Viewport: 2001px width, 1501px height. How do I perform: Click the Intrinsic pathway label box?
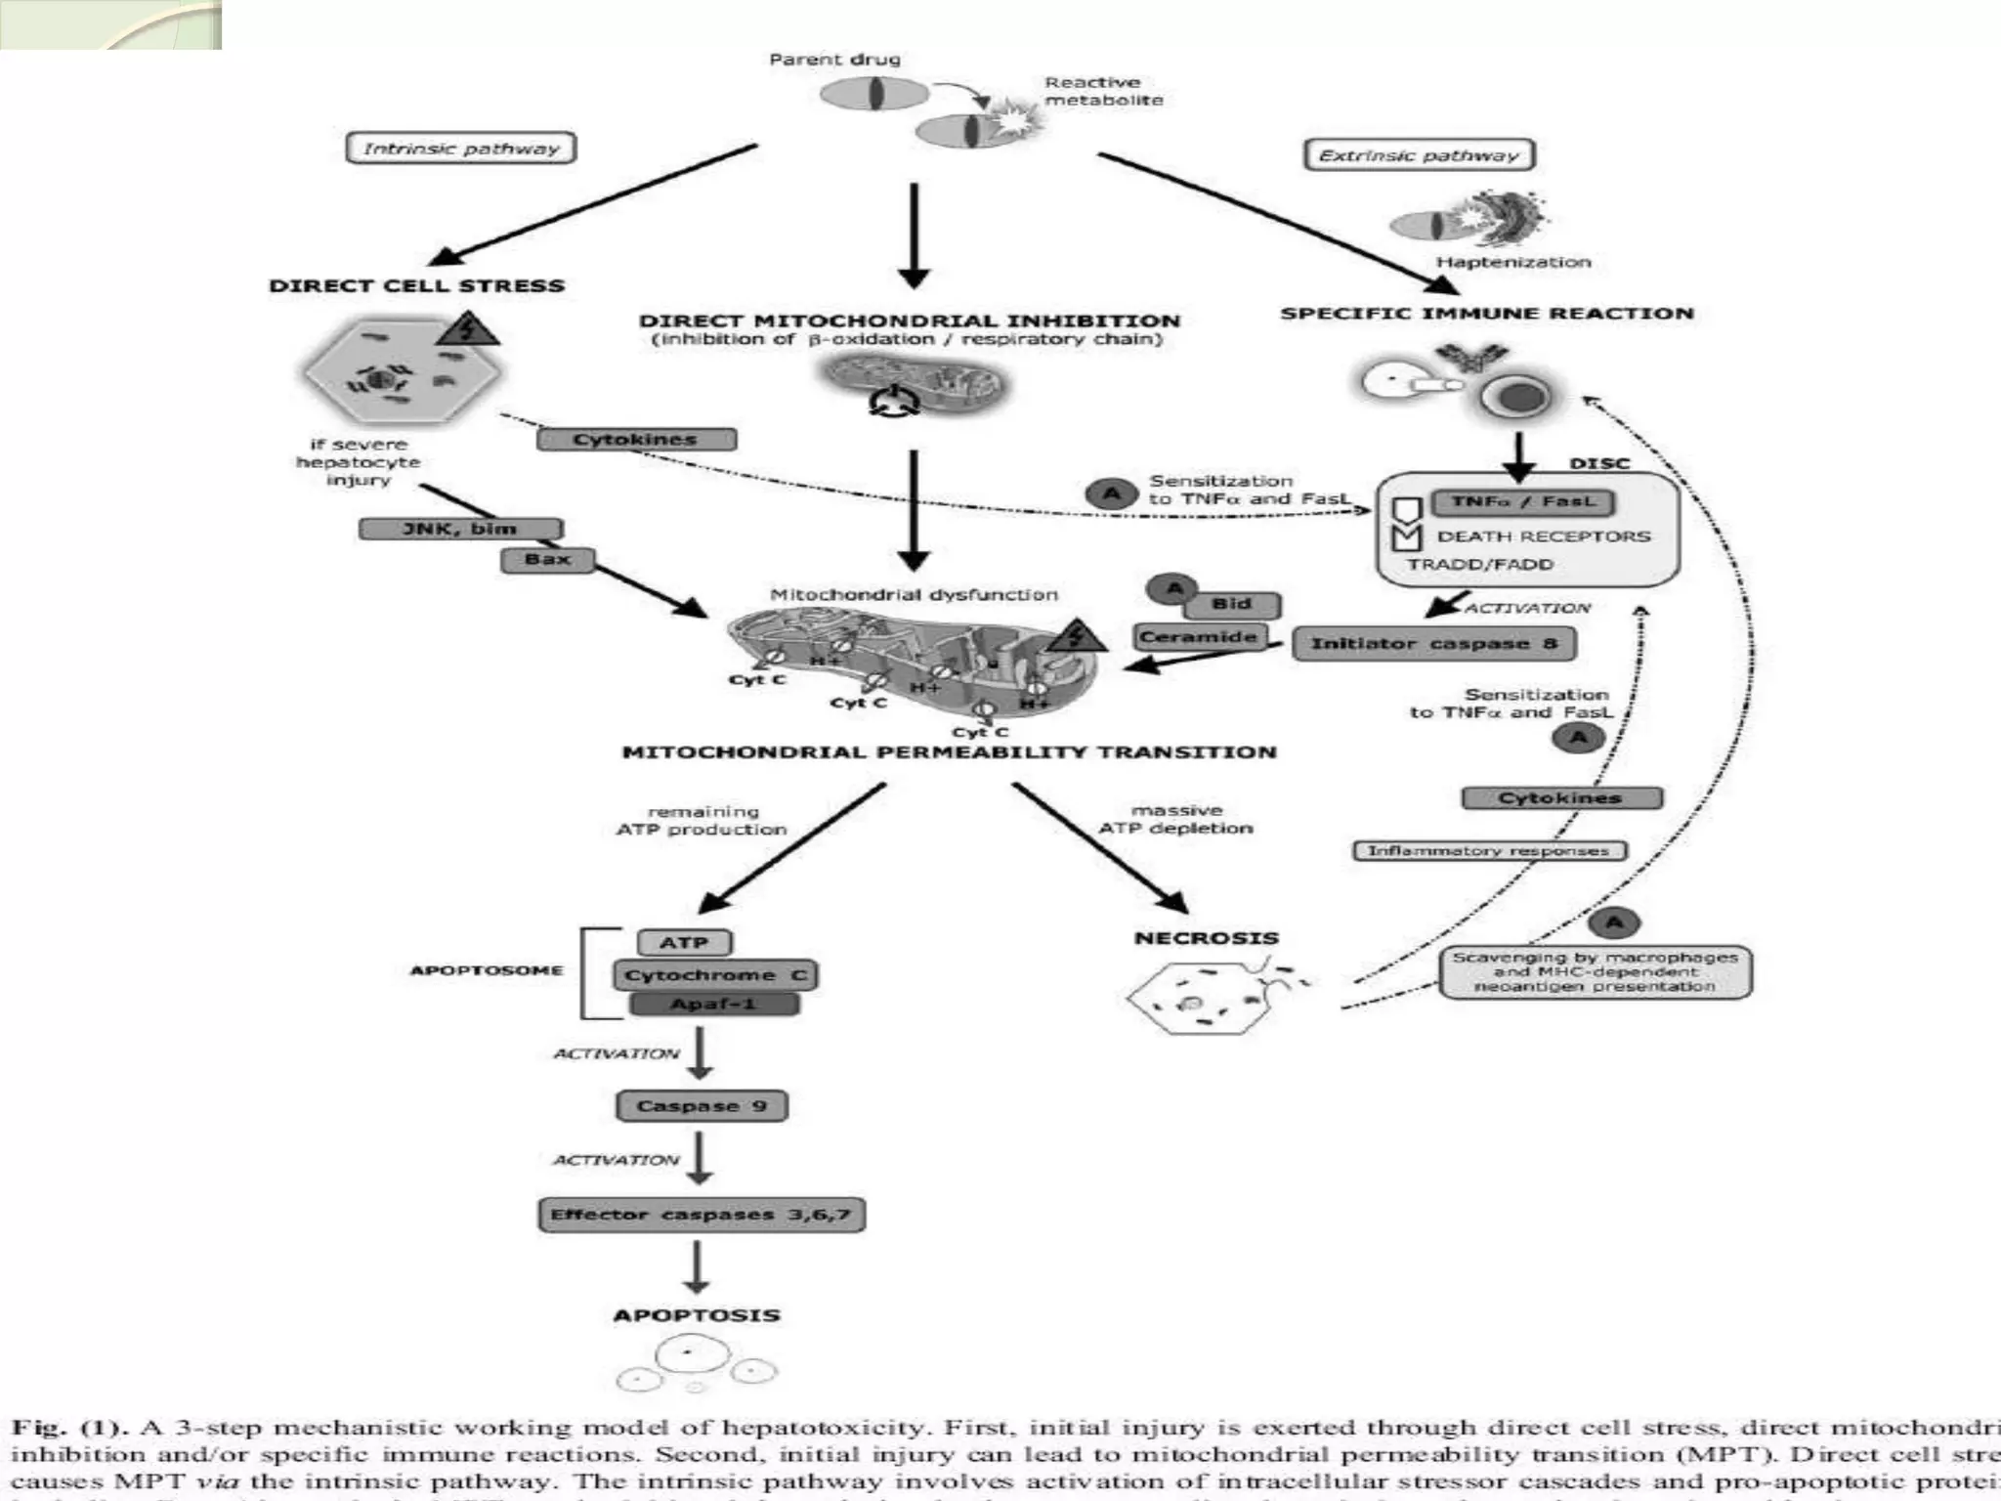(460, 149)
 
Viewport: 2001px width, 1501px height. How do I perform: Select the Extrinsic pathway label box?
(1419, 154)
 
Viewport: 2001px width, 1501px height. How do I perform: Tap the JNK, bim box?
(460, 529)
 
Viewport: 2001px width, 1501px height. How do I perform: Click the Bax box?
(547, 560)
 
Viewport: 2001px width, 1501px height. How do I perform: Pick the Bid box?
(1231, 604)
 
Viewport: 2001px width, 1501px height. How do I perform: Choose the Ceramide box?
(1198, 637)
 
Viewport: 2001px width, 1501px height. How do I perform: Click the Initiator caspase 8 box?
(1433, 643)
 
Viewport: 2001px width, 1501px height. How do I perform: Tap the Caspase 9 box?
(702, 1106)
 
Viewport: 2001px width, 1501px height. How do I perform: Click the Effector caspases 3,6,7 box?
(701, 1215)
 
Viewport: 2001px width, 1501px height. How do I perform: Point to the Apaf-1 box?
(713, 1005)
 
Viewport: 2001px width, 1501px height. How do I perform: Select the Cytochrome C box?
(715, 975)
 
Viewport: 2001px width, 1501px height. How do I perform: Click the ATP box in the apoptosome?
(684, 943)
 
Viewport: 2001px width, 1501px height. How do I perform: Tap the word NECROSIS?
(1206, 938)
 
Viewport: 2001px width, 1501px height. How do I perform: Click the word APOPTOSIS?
(697, 1315)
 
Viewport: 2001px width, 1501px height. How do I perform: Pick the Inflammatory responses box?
(1488, 851)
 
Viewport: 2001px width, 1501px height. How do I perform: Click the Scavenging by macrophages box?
(1595, 972)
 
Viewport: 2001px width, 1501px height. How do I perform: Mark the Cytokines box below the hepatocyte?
(636, 440)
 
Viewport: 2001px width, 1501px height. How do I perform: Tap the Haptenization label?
(1512, 262)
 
